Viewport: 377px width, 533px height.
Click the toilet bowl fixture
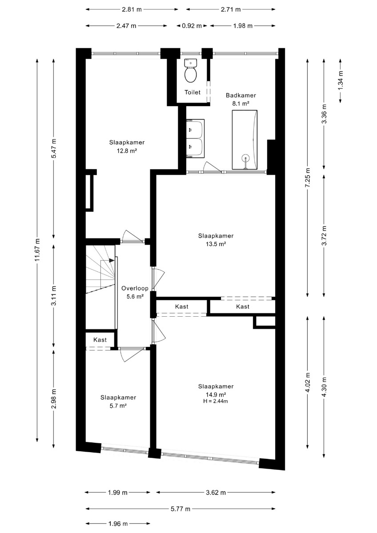coord(191,71)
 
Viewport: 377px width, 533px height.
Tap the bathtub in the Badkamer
coord(245,139)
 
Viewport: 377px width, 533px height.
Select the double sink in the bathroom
coord(196,138)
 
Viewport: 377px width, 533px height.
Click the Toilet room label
coord(193,92)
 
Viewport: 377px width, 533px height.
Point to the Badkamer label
coord(241,95)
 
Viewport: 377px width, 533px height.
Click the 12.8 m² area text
coord(127,151)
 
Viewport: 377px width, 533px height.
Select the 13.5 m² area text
coord(216,244)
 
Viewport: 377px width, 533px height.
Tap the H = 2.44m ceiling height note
coord(216,401)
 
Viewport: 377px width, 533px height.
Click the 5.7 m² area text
coord(118,406)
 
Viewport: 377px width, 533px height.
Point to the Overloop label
coord(135,288)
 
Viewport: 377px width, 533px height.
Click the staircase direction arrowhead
coord(112,260)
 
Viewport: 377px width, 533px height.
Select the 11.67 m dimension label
coord(37,250)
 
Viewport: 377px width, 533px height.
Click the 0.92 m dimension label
coord(192,26)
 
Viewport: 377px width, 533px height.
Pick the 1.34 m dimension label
coord(341,80)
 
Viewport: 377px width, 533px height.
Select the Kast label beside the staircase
coord(100,340)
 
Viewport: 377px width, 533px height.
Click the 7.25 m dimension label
coord(308,178)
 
